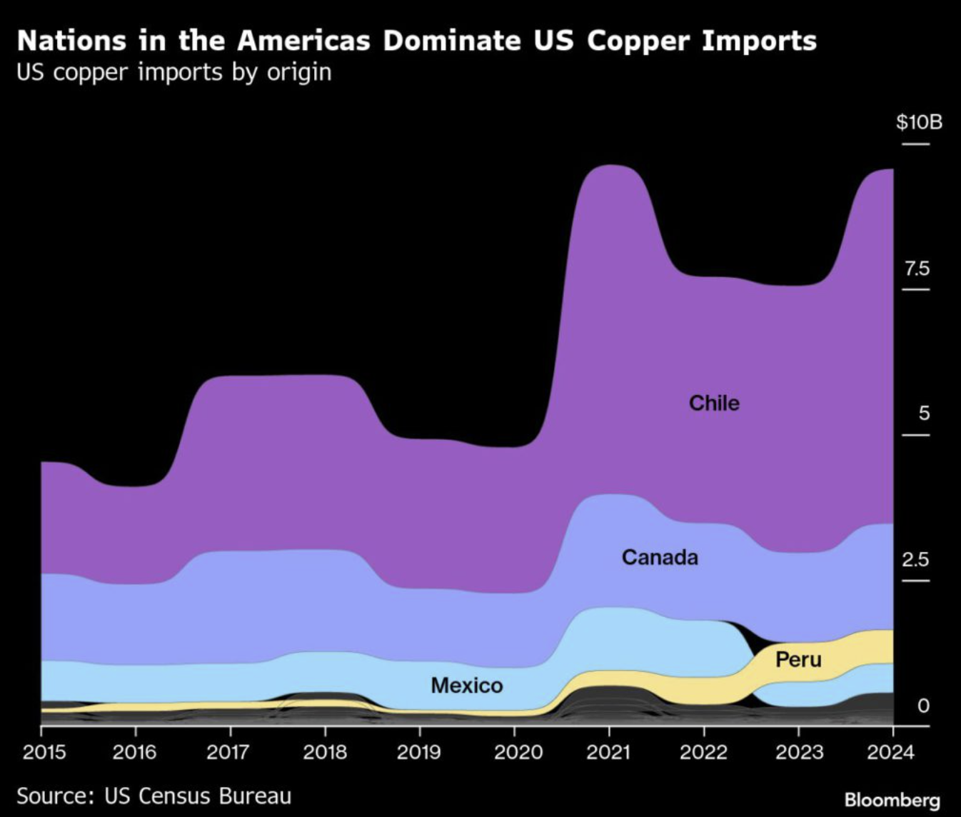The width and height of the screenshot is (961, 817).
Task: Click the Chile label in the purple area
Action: pos(714,404)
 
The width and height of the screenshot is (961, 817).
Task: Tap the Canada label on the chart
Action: pos(660,557)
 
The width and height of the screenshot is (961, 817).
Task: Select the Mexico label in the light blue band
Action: pos(467,686)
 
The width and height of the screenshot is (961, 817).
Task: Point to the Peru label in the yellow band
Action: pos(798,659)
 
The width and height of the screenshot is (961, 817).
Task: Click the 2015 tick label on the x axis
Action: pos(44,752)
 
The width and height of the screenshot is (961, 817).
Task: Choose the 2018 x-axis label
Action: pos(325,752)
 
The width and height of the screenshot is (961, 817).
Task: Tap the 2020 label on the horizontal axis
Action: pos(514,752)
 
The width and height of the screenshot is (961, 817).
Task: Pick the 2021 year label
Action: pos(609,752)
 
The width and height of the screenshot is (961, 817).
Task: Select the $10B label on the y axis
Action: pos(919,122)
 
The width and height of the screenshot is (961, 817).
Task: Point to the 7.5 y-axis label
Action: pos(917,269)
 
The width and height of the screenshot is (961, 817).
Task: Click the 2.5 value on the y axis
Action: pos(916,559)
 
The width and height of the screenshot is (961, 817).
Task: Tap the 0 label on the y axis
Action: pos(923,706)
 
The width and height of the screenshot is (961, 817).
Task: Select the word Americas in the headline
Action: pos(303,41)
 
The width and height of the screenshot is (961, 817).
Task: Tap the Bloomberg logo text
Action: pos(892,800)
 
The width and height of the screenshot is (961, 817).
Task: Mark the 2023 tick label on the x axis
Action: pos(798,752)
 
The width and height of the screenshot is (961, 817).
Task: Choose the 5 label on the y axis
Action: pos(924,413)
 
